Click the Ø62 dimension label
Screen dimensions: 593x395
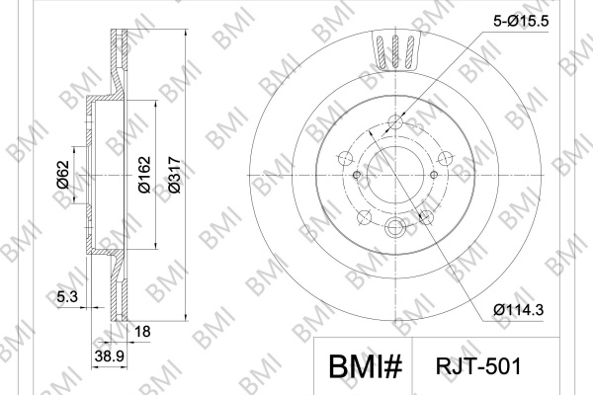coord(63,175)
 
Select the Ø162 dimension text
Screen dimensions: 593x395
coord(144,175)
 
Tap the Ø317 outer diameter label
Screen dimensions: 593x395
coord(174,175)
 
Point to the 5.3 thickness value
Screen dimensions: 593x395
coord(67,296)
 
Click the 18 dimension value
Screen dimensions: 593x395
coord(142,332)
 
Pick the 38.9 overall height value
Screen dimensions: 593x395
coord(110,355)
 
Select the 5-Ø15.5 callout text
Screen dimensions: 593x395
coord(521,21)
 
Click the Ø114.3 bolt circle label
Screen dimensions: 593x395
coord(519,310)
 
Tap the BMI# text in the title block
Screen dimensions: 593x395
coord(366,366)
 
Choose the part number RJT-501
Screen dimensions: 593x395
coord(478,366)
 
